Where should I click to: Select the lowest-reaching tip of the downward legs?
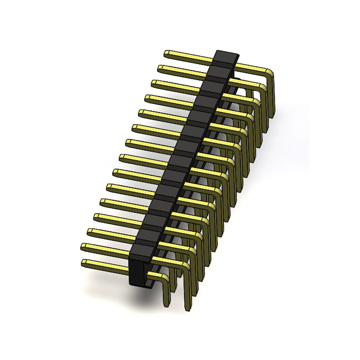click(188, 309)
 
